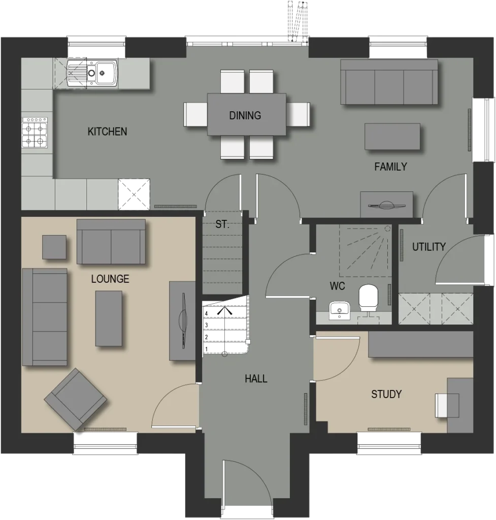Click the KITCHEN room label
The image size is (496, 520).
point(107,132)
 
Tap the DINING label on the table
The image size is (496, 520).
point(245,115)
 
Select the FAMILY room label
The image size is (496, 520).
point(390,167)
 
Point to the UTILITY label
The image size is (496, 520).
point(428,247)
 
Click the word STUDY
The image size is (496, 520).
point(386,394)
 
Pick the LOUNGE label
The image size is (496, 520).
point(110,279)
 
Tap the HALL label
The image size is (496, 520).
point(256,379)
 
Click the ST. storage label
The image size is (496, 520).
point(222,224)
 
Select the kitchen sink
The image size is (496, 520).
point(92,73)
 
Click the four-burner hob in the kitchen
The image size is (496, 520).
point(35,133)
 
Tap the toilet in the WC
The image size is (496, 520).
point(369,297)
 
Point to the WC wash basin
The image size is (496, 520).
point(339,310)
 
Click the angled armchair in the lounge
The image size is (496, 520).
point(76,399)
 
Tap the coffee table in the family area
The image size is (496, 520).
point(392,137)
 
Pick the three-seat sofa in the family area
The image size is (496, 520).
point(389,82)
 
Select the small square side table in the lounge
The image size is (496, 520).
point(54,247)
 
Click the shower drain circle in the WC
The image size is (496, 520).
point(387,229)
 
